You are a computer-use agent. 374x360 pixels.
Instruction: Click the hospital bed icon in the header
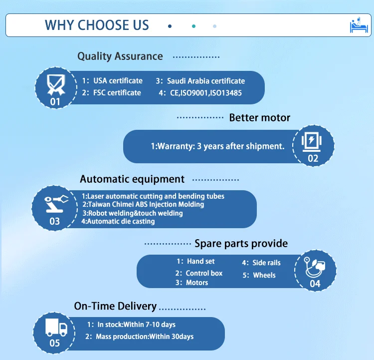pos(359,25)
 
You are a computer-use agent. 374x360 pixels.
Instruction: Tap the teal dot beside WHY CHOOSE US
pos(193,26)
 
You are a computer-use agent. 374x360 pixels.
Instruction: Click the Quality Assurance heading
pos(120,56)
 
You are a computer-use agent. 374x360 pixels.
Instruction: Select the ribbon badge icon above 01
pos(56,84)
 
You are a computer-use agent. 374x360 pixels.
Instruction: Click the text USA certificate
pos(118,81)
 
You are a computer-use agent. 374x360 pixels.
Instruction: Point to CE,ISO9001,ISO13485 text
pos(206,93)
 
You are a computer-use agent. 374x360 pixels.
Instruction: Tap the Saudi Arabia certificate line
pos(200,81)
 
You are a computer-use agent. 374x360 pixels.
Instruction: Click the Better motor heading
pos(259,117)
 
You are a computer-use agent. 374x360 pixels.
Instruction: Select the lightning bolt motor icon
pos(311,141)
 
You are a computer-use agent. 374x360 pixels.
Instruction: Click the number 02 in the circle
pos(313,158)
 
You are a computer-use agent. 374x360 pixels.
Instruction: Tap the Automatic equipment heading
pos(132,179)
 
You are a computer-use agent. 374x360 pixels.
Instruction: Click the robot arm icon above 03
pos(56,204)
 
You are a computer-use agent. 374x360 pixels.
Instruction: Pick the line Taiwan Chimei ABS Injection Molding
pos(143,205)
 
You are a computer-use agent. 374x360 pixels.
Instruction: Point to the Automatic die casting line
pos(118,222)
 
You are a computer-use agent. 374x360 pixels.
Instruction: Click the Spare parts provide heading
pos(241,244)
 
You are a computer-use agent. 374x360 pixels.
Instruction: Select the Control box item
pos(204,273)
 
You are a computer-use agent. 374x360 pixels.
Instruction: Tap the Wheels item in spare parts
pos(264,275)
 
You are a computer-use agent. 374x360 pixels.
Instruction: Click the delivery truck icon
pos(56,327)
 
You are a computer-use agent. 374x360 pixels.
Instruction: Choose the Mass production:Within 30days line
pos(145,337)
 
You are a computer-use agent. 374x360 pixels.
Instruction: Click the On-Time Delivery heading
pos(115,306)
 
